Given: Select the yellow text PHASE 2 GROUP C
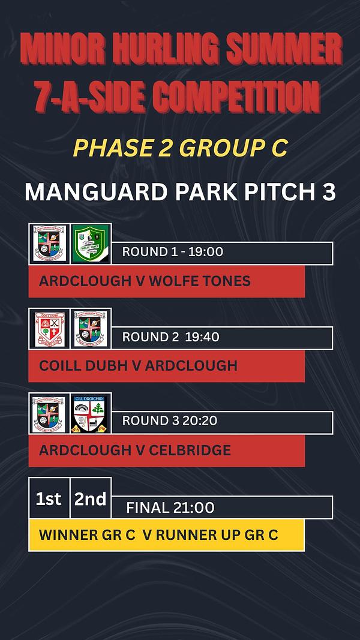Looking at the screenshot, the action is [x=180, y=148].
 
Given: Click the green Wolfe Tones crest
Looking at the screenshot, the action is [x=91, y=244].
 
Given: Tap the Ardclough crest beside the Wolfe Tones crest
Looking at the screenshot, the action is [x=49, y=244].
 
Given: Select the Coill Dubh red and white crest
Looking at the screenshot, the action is [x=49, y=329].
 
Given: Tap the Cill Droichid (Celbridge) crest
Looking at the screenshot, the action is [x=91, y=413].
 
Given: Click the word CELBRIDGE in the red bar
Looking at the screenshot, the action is [x=190, y=450].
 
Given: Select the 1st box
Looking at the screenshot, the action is [x=49, y=498].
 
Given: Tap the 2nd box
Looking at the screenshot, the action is [x=91, y=498].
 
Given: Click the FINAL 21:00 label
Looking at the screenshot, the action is [x=170, y=508].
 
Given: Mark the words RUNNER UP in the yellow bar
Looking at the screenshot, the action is [x=199, y=535].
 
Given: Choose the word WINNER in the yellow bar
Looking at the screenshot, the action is [x=63, y=535].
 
